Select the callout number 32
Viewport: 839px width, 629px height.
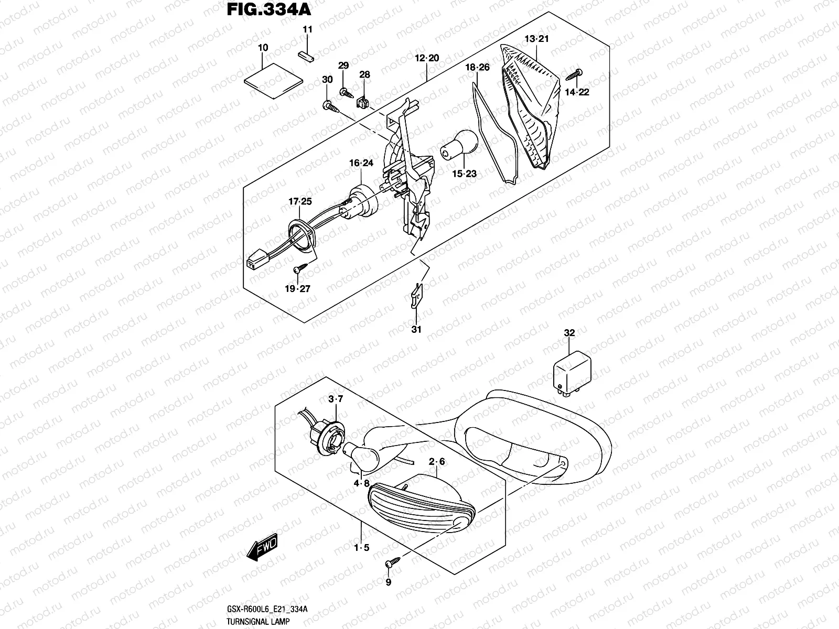pos(569,333)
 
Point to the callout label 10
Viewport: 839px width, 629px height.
pos(263,48)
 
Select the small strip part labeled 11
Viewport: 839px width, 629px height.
pos(306,55)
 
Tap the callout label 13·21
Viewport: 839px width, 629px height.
pos(536,39)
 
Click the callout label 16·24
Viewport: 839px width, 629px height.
pos(361,163)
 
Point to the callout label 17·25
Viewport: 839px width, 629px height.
pos(299,202)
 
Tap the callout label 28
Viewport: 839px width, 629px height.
pos(364,75)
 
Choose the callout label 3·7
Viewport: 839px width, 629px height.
pos(335,400)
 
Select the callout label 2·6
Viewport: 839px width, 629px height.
pos(437,462)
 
